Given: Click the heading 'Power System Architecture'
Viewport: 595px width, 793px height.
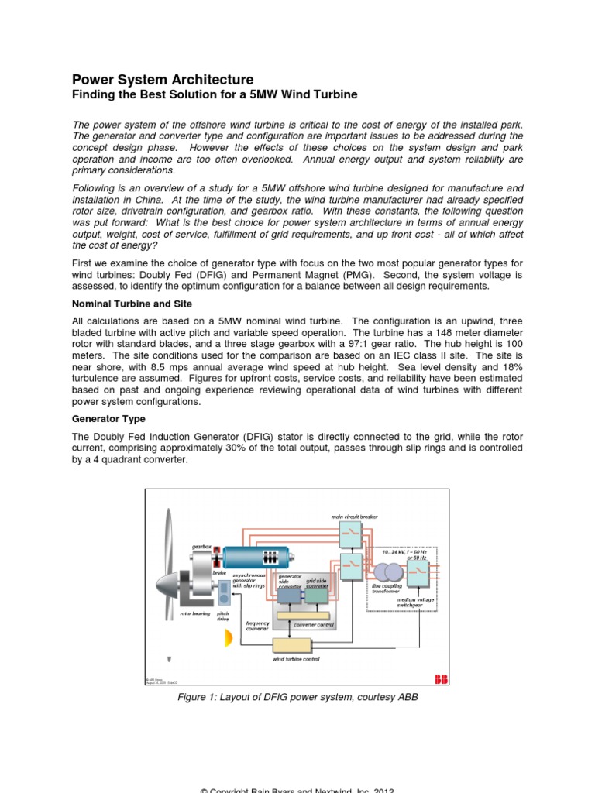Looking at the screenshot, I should (163, 80).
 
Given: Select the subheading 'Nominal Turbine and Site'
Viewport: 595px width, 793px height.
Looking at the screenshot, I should (132, 304).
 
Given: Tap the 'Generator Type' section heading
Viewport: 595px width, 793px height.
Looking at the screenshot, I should (108, 419).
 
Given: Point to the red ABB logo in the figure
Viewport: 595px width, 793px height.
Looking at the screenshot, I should (441, 679).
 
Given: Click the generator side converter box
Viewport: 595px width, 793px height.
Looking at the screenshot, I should (290, 595).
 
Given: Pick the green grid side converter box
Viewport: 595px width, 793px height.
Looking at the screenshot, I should (317, 595).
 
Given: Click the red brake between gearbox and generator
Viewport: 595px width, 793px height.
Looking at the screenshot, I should (218, 557).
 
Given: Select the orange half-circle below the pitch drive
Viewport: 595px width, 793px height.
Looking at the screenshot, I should (228, 638).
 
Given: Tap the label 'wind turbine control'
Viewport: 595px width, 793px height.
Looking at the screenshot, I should (295, 659).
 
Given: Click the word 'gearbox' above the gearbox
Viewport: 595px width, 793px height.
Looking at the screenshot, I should (201, 546).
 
